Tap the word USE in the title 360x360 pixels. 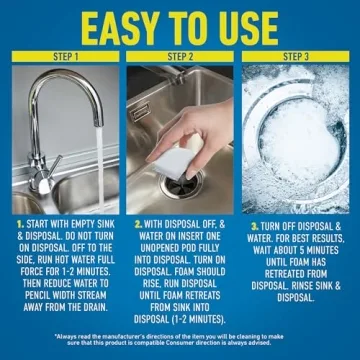point(282,25)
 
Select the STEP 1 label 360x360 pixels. point(63,57)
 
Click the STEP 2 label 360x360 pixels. point(180,57)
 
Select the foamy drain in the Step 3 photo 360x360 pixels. point(300,140)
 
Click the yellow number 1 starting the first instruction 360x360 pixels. point(20,226)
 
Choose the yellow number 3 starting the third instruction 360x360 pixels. point(255,226)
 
